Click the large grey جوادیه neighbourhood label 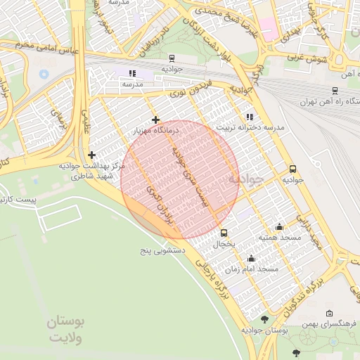pos(245,179)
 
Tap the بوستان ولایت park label pos(65,329)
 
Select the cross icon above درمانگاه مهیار pos(155,120)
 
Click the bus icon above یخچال pos(224,233)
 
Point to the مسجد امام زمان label pos(258,269)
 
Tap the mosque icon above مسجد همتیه pos(279,226)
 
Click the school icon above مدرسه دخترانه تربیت pos(249,117)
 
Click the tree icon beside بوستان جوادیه pos(264,319)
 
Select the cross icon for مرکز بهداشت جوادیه pos(91,155)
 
